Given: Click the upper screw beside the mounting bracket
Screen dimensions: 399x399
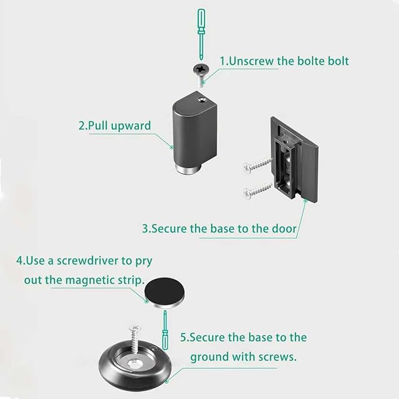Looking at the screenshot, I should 257,165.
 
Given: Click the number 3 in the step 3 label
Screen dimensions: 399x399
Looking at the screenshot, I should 145,228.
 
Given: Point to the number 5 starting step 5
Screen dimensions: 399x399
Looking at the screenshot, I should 183,338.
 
